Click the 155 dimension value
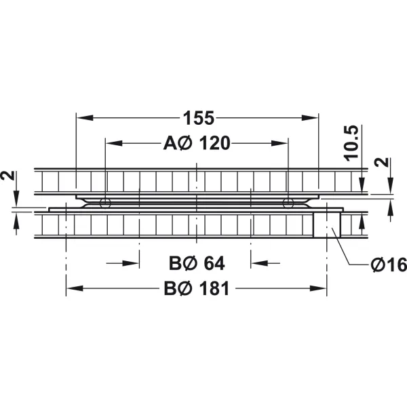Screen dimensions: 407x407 199,118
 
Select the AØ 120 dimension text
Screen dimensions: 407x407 197,143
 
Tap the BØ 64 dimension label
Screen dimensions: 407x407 197,263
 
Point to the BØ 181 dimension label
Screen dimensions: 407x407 197,288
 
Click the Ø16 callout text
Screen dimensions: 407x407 389,265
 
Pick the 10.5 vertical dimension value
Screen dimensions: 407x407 351,142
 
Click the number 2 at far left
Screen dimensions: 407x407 8,176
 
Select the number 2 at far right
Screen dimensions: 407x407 381,162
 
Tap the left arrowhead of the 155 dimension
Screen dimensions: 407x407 85,118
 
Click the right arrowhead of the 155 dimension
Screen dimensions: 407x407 310,118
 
